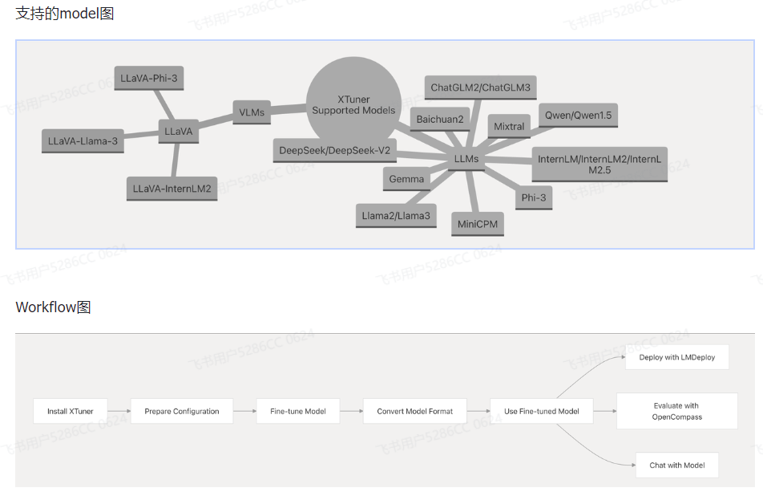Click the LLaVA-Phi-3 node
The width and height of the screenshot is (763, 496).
[149, 78]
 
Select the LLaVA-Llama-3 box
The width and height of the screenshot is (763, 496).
[83, 140]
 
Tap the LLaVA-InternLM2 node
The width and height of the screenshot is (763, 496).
[172, 189]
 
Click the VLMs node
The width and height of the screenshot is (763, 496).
[252, 112]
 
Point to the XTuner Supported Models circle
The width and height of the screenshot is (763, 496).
[353, 104]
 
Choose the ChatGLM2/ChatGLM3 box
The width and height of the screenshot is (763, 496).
[480, 87]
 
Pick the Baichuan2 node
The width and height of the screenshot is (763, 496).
[439, 120]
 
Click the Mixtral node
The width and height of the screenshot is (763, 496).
[509, 126]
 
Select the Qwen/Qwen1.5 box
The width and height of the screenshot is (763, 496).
[578, 116]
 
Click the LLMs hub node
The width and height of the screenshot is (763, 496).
[466, 159]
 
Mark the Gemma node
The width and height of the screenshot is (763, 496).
[406, 179]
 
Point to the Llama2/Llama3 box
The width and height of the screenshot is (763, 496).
[396, 215]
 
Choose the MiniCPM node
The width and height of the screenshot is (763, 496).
[478, 224]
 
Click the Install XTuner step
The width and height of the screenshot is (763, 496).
[70, 411]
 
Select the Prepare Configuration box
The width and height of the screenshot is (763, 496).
[182, 411]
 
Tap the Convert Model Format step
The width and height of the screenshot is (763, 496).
[414, 411]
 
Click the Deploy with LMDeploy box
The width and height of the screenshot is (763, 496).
[677, 357]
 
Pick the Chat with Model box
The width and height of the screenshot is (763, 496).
[676, 465]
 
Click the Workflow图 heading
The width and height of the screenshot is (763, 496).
[53, 307]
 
